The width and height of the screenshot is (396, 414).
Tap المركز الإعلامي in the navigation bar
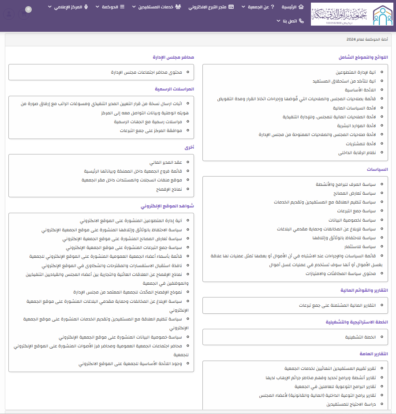click(67, 7)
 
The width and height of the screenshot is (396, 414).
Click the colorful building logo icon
click(383, 15)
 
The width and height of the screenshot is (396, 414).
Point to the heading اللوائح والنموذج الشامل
click(363, 57)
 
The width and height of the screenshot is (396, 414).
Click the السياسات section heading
click(377, 169)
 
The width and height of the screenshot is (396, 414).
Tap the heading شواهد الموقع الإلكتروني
click(168, 206)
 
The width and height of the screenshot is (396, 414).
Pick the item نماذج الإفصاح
click(175, 189)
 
